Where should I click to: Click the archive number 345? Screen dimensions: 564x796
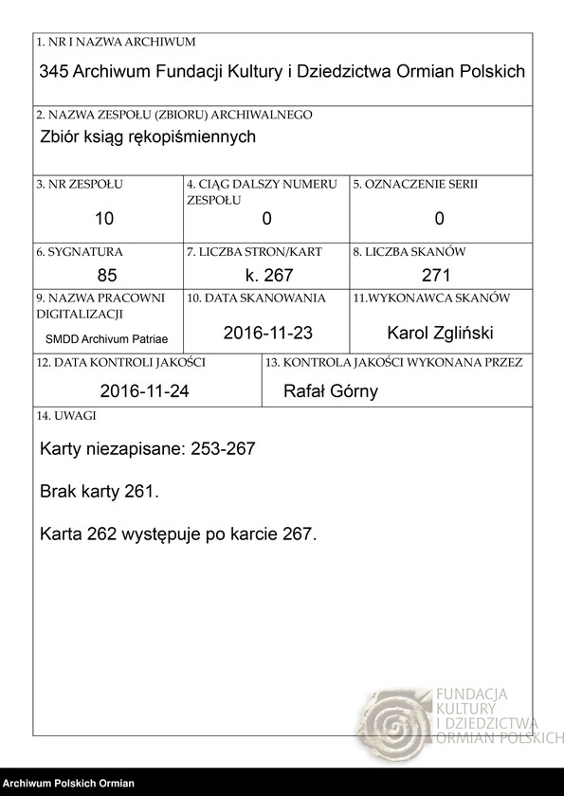click(53, 72)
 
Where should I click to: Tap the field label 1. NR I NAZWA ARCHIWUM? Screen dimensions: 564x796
click(116, 43)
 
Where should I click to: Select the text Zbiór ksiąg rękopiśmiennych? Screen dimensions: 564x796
click(149, 136)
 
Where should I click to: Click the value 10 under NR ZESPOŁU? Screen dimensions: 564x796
click(104, 219)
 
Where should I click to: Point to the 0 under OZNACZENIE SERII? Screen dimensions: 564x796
click(439, 219)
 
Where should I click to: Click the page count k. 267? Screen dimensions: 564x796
click(266, 276)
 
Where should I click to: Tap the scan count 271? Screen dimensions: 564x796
click(439, 276)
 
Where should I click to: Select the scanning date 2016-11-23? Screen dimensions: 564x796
click(267, 333)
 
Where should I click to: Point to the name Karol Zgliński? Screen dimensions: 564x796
click(440, 333)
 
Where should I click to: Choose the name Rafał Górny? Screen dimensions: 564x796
click(331, 391)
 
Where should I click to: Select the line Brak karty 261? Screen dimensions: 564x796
click(100, 493)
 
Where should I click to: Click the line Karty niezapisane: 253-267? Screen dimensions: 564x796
click(148, 449)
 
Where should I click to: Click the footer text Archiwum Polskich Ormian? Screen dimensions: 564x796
click(68, 784)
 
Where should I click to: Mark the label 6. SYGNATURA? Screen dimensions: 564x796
click(80, 252)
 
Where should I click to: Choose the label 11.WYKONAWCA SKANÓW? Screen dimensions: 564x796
click(431, 298)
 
